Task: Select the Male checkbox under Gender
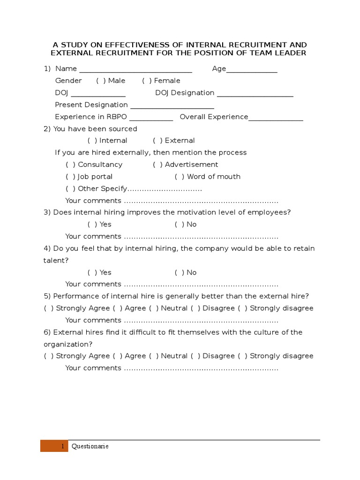(x=101, y=81)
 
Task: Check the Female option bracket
(x=147, y=81)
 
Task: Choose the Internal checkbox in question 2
(x=92, y=141)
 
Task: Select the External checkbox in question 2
(x=157, y=141)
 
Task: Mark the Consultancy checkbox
(x=70, y=165)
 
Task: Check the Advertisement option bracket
(x=157, y=165)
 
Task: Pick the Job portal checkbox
(x=70, y=177)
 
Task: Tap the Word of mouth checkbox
(x=180, y=177)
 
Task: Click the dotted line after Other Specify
(x=165, y=189)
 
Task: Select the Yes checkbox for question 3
(x=92, y=225)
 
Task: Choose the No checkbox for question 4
(x=180, y=272)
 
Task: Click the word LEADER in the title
(x=289, y=53)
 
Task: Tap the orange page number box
(x=54, y=446)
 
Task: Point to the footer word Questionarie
(x=90, y=446)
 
